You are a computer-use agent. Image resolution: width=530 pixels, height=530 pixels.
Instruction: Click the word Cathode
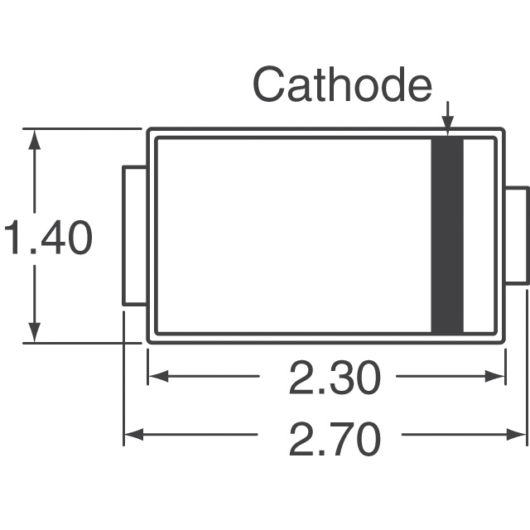[342, 84]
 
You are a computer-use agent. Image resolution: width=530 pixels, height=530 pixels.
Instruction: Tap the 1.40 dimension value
[48, 238]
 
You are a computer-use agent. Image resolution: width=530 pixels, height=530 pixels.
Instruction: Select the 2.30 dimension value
[335, 378]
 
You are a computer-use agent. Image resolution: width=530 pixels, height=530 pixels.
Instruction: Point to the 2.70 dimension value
[335, 438]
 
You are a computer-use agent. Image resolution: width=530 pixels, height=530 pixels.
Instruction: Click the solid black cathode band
[447, 235]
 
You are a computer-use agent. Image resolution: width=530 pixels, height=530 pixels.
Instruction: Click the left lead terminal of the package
[134, 235]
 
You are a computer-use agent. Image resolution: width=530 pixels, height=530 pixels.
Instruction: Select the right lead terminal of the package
[517, 235]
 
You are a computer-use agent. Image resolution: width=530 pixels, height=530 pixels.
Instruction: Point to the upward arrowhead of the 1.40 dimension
[34, 139]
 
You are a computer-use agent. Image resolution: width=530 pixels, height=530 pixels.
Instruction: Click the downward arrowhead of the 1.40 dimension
[34, 332]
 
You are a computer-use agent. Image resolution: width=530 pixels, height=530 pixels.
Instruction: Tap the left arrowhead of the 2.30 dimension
[158, 376]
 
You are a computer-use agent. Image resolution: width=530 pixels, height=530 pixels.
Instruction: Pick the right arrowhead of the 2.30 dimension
[495, 376]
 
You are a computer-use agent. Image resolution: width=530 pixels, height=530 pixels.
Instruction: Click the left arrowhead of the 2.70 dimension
[134, 434]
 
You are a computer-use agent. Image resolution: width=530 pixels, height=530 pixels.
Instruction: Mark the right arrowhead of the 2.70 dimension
[517, 434]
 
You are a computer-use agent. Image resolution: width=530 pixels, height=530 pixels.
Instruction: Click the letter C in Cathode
[267, 84]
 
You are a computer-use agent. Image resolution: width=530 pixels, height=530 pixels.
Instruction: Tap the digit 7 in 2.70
[339, 439]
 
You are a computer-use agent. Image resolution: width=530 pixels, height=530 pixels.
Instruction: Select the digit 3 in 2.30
[338, 378]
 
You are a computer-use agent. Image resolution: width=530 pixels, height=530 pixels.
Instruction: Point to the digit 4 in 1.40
[53, 238]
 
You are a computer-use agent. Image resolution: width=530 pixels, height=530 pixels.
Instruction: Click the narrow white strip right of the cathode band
[479, 235]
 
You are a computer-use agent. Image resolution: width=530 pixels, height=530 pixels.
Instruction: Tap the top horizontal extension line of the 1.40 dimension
[82, 129]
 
